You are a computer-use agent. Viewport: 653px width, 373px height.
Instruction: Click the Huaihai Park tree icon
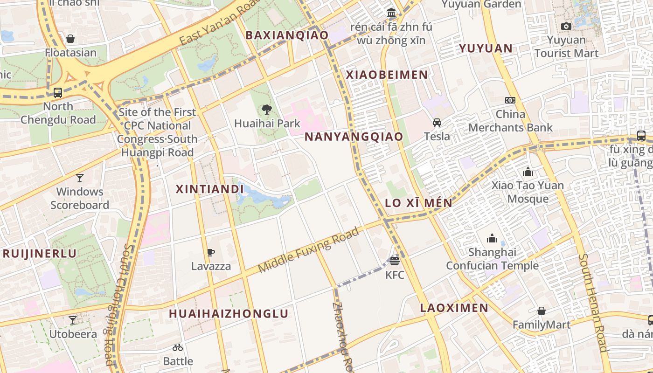267,110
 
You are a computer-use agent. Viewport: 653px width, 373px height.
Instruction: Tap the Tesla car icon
437,123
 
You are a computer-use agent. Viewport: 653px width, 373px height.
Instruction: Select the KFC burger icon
395,261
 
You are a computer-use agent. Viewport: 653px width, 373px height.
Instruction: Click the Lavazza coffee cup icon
211,253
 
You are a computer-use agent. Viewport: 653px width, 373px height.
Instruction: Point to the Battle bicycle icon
178,347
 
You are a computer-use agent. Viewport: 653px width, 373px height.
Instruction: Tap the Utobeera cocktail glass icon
73,320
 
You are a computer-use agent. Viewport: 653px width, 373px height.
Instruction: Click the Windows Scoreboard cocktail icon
80,178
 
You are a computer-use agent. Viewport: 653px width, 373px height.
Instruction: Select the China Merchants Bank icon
510,100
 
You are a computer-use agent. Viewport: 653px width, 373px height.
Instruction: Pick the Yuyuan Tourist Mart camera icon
566,26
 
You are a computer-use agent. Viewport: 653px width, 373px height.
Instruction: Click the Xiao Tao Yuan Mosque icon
528,172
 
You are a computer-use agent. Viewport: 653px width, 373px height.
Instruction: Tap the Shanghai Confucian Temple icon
492,239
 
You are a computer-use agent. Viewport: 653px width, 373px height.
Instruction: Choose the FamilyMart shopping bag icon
542,311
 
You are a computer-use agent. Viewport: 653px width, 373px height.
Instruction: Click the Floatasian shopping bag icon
70,39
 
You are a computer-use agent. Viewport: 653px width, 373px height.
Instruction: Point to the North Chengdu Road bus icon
58,92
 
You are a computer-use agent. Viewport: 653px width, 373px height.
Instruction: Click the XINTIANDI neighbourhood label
210,189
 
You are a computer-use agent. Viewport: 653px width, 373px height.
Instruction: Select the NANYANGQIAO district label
354,137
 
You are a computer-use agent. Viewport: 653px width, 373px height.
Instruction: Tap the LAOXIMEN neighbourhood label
454,308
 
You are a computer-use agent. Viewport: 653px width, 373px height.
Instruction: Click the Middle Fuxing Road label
309,250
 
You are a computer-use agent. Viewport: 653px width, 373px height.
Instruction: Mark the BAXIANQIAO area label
287,35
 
